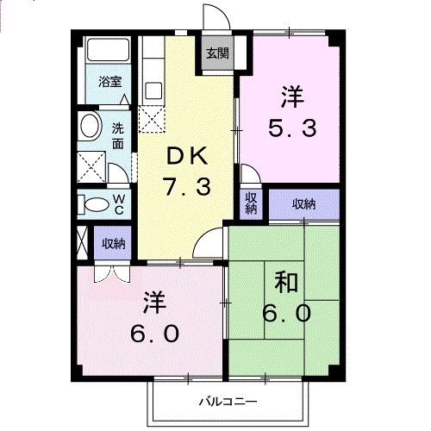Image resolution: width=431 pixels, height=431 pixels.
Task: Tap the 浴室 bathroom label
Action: click(109, 83)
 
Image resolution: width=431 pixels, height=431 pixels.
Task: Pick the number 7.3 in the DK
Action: click(186, 185)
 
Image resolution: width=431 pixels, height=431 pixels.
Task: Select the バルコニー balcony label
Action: click(228, 401)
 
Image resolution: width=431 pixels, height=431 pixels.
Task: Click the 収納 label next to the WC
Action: click(113, 244)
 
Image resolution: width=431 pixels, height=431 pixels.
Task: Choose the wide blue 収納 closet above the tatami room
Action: click(303, 204)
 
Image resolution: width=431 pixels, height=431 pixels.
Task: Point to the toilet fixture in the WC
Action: click(91, 203)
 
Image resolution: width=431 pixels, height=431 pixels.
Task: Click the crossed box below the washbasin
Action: click(90, 164)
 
